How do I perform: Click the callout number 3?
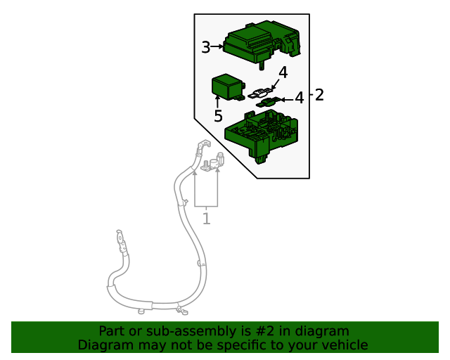[206, 47]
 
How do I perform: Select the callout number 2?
[319, 95]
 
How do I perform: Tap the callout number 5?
[218, 116]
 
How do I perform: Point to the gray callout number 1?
[207, 219]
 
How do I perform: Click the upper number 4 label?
[283, 72]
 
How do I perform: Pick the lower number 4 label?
[300, 98]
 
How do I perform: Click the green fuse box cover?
[262, 41]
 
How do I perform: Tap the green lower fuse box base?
[262, 136]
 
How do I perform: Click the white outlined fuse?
[261, 93]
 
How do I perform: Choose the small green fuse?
[268, 103]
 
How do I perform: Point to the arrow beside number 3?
[217, 46]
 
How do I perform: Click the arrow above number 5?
[217, 103]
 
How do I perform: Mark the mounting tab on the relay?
[239, 98]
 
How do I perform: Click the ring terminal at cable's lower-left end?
[120, 238]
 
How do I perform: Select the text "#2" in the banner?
[264, 331]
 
